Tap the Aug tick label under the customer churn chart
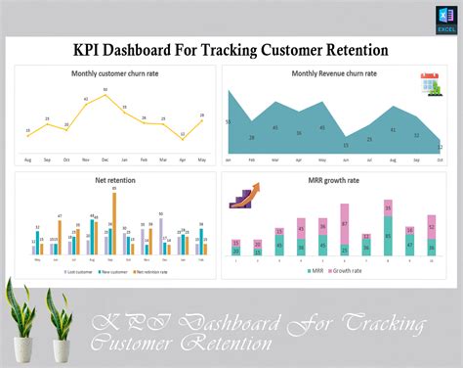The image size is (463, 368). click(x=27, y=159)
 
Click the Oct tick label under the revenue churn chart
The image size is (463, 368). click(x=440, y=159)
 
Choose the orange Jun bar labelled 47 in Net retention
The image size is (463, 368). click(x=60, y=235)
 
